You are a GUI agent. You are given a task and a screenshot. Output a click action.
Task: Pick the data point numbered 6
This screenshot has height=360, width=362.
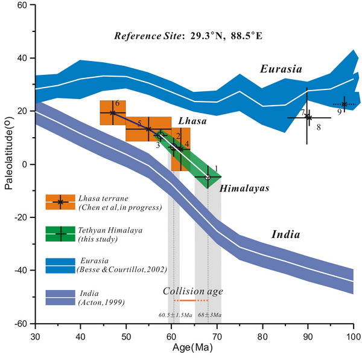click(x=112, y=113)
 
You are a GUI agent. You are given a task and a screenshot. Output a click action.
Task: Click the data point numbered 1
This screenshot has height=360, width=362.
click(x=208, y=178)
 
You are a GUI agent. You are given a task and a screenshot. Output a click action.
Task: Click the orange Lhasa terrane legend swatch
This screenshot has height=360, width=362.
click(x=60, y=202)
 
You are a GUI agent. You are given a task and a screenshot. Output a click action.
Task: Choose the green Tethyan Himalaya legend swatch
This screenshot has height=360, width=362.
click(x=60, y=233)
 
